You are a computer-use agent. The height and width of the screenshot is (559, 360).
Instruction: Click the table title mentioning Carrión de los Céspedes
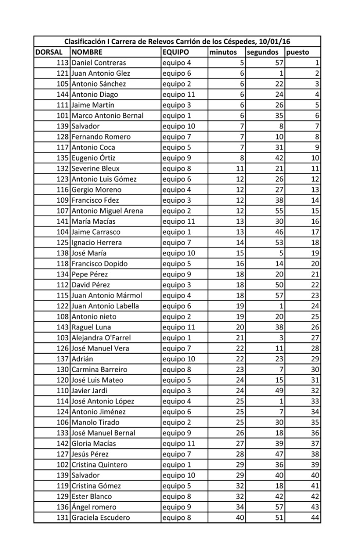[x=177, y=41]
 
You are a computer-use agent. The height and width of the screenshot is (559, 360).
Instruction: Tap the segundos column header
[x=262, y=52]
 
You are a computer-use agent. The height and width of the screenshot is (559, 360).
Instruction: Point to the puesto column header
[x=298, y=52]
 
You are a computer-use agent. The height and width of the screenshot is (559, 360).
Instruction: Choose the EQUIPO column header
[x=175, y=52]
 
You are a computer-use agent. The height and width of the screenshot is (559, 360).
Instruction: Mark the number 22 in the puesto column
[x=315, y=285]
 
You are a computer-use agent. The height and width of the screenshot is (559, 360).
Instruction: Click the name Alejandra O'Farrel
[x=101, y=338]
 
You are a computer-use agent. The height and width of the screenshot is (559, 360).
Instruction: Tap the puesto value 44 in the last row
[x=315, y=518]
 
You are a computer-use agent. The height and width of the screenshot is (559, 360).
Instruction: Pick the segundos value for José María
[x=280, y=253]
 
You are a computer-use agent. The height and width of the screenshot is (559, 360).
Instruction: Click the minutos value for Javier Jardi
[x=240, y=391]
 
